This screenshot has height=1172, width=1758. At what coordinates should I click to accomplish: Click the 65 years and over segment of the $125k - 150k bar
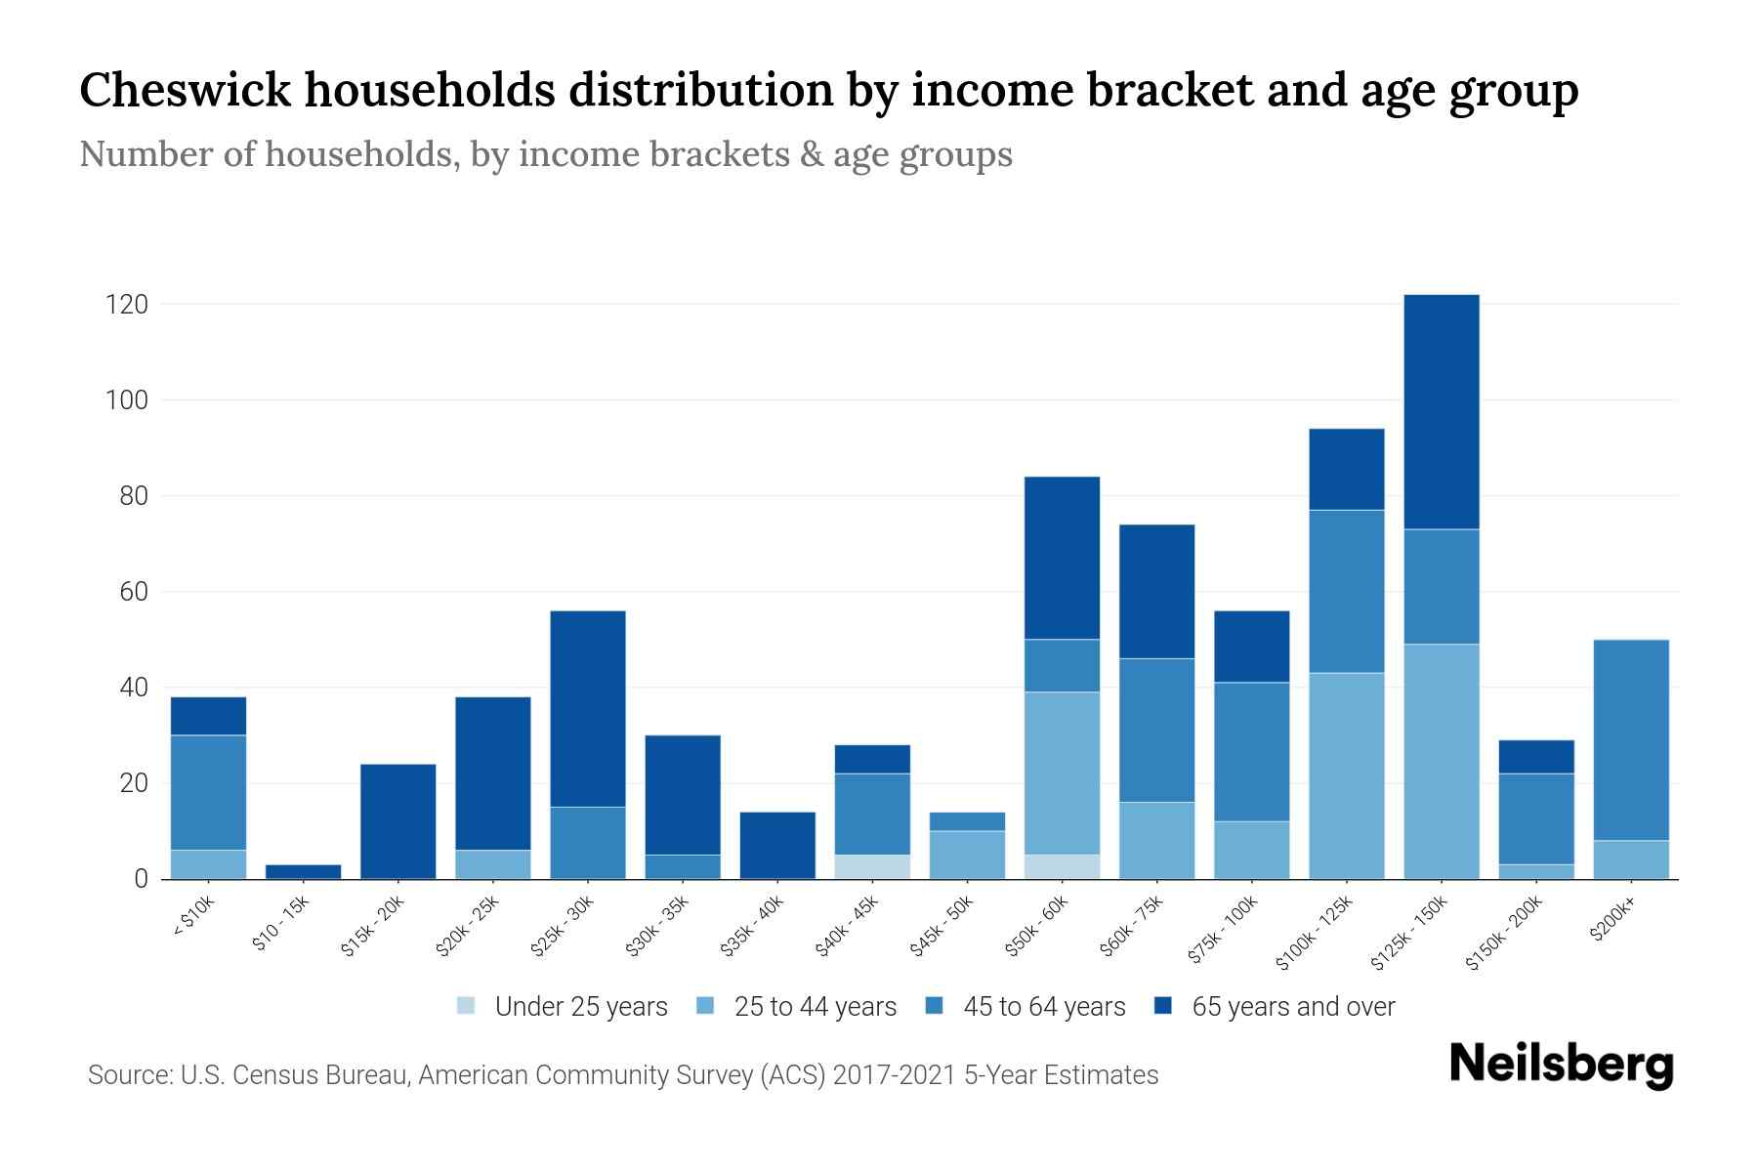(x=1441, y=411)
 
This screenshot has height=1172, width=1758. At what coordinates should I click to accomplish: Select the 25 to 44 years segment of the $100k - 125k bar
(x=1346, y=775)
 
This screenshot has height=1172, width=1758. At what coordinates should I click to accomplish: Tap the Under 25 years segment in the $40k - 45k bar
(x=872, y=866)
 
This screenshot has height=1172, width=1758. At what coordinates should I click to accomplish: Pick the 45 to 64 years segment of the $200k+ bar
(x=1630, y=739)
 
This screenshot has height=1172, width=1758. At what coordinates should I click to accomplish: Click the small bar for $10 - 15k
(x=303, y=871)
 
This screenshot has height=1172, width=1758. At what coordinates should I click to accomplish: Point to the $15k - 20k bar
(x=398, y=820)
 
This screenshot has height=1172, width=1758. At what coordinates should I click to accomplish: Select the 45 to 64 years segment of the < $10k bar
(x=208, y=792)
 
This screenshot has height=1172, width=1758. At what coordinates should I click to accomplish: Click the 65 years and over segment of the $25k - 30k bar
(x=587, y=708)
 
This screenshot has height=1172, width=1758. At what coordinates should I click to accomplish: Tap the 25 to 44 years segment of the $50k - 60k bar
(x=1062, y=773)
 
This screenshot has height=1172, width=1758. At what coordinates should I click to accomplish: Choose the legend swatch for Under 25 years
(x=466, y=1005)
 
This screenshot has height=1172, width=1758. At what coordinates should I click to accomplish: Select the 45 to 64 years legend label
(x=1043, y=1006)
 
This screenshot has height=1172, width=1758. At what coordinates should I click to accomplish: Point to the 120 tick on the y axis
(x=126, y=305)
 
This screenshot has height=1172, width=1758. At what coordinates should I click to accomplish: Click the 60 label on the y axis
(x=133, y=592)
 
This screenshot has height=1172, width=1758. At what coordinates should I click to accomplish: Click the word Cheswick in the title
(x=185, y=90)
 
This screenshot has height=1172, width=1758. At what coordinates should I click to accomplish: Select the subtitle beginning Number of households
(x=545, y=154)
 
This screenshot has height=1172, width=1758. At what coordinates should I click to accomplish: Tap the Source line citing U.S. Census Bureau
(x=622, y=1075)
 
